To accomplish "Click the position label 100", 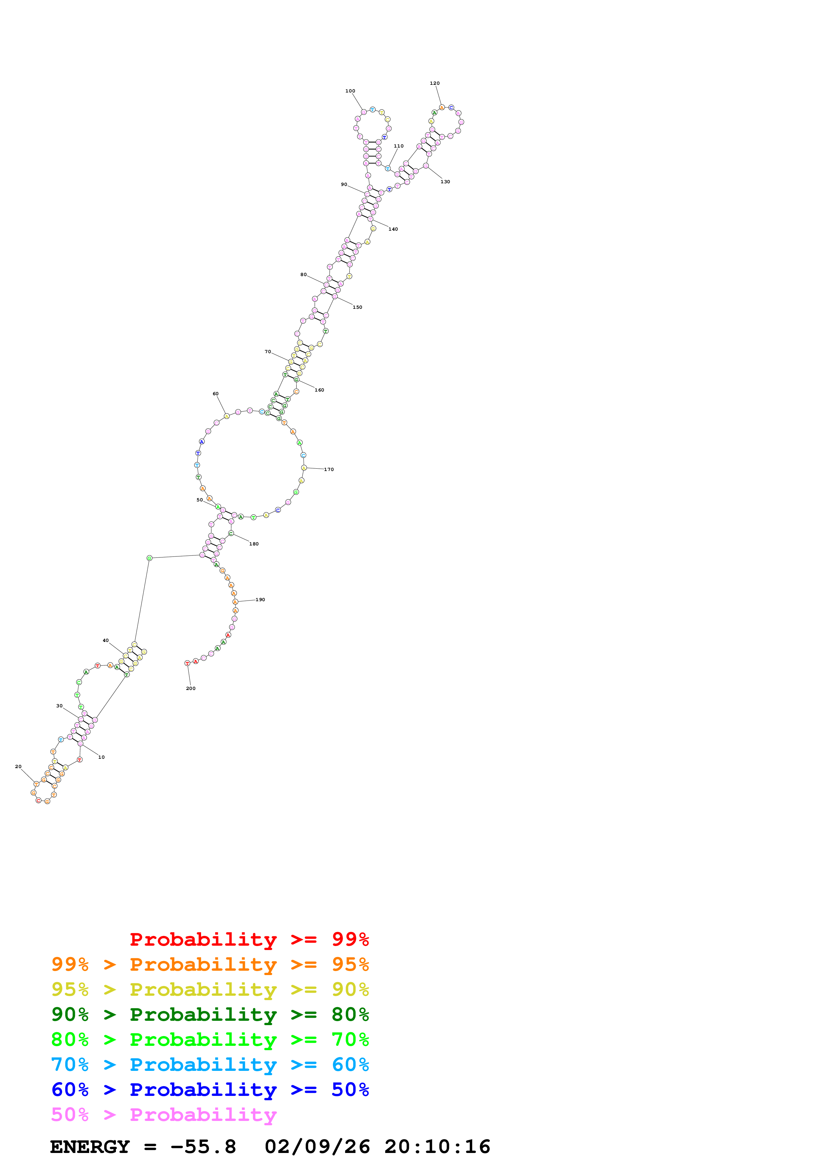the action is coord(350,91).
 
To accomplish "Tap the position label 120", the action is coord(435,83).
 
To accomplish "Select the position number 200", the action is coord(191,689).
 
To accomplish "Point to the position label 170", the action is coord(329,470).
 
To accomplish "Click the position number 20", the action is coord(18,766).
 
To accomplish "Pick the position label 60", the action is coord(216,394).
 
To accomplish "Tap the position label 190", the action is coord(260,600).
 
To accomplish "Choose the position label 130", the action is coord(445,182).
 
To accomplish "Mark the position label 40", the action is coord(106,641).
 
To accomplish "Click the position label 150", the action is coord(358,307).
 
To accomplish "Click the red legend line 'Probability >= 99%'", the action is coord(249,939).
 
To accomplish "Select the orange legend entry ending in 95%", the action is coord(210,964).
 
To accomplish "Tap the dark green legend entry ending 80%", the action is coord(210,1014).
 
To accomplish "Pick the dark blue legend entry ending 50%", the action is coord(210,1090).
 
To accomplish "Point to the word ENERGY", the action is coord(90,1147).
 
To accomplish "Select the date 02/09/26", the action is coord(317,1147).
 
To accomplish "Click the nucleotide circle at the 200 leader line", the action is coord(187,663).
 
